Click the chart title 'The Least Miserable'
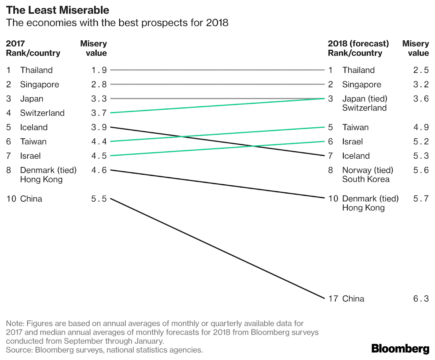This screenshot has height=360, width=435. [x=58, y=10]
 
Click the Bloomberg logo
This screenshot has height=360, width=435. [x=400, y=348]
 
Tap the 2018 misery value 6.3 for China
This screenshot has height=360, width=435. [x=421, y=299]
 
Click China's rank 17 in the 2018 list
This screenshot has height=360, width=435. [x=333, y=299]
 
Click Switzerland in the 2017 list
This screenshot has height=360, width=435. [x=42, y=113]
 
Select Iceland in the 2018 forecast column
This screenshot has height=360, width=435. [x=356, y=156]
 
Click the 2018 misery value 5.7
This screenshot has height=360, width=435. [x=421, y=199]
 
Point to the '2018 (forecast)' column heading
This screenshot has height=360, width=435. [x=358, y=43]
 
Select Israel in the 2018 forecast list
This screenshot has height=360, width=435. [x=352, y=141]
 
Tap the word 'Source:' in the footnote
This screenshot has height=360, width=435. [x=19, y=350]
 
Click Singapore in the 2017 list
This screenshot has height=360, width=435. [x=40, y=85]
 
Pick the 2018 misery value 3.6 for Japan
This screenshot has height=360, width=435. [x=421, y=99]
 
